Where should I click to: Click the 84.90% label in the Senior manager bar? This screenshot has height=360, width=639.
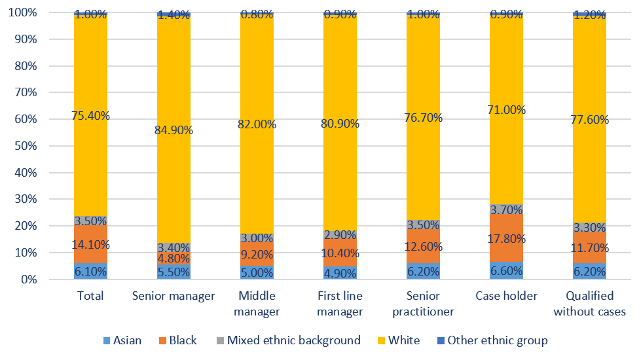[173, 130]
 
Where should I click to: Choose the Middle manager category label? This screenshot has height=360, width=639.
[257, 304]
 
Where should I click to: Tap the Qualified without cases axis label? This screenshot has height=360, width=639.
[589, 304]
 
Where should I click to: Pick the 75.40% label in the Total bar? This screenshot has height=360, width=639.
[90, 116]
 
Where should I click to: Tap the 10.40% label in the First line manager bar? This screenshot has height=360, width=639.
[340, 253]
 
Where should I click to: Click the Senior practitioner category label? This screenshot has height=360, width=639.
[423, 304]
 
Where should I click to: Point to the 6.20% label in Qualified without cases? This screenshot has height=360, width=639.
[589, 270]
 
